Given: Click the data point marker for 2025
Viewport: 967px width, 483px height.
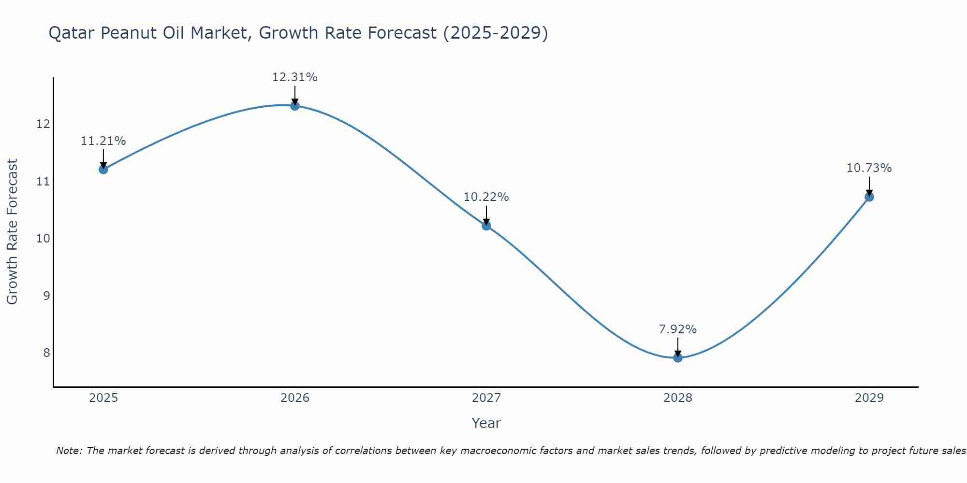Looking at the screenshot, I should (103, 169).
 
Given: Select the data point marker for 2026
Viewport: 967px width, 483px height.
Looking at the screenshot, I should (295, 106).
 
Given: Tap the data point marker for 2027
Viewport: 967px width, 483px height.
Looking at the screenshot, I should (486, 226).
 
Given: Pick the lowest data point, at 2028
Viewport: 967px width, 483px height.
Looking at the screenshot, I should (678, 357).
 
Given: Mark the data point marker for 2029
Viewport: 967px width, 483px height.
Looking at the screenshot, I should (869, 197).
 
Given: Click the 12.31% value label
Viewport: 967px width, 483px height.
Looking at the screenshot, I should (294, 77).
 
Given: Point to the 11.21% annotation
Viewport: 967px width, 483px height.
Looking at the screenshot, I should (103, 141).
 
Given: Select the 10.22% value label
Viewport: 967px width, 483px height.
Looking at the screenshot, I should (486, 197).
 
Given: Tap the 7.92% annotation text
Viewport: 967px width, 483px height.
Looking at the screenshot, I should (677, 329).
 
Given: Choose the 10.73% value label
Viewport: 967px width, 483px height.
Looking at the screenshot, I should (869, 168).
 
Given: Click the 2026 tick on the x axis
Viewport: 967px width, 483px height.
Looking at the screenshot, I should (295, 398).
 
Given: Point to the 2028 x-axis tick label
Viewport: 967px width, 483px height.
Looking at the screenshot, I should (678, 398).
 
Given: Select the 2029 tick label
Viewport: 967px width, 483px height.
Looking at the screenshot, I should (869, 398).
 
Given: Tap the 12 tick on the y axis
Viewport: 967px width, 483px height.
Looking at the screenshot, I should (43, 124).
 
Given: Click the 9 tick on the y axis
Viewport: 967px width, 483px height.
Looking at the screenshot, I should (46, 296).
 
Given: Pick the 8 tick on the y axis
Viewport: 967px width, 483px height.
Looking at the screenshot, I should (46, 353).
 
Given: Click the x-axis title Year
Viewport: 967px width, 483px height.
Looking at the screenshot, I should (486, 423).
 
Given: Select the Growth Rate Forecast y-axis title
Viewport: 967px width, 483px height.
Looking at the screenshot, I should (13, 231).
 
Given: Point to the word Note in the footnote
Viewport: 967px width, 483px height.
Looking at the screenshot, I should (69, 451).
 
